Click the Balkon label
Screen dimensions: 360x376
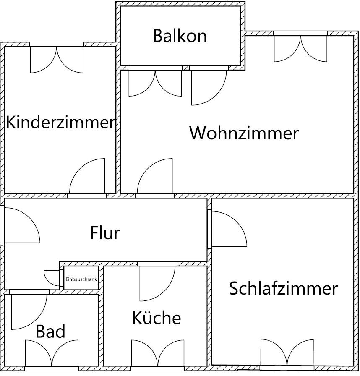pos(180,36)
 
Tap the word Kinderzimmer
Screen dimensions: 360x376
pos(60,122)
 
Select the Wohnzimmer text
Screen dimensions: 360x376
pos(244,133)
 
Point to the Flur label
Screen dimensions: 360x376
pos(105,232)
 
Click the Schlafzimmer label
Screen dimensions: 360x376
pos(283,288)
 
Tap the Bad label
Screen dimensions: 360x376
pos(50,331)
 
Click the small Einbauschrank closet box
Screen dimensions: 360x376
pos(81,278)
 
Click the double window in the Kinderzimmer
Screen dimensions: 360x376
pos(57,60)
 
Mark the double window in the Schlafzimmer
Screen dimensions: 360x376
pos(287,352)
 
